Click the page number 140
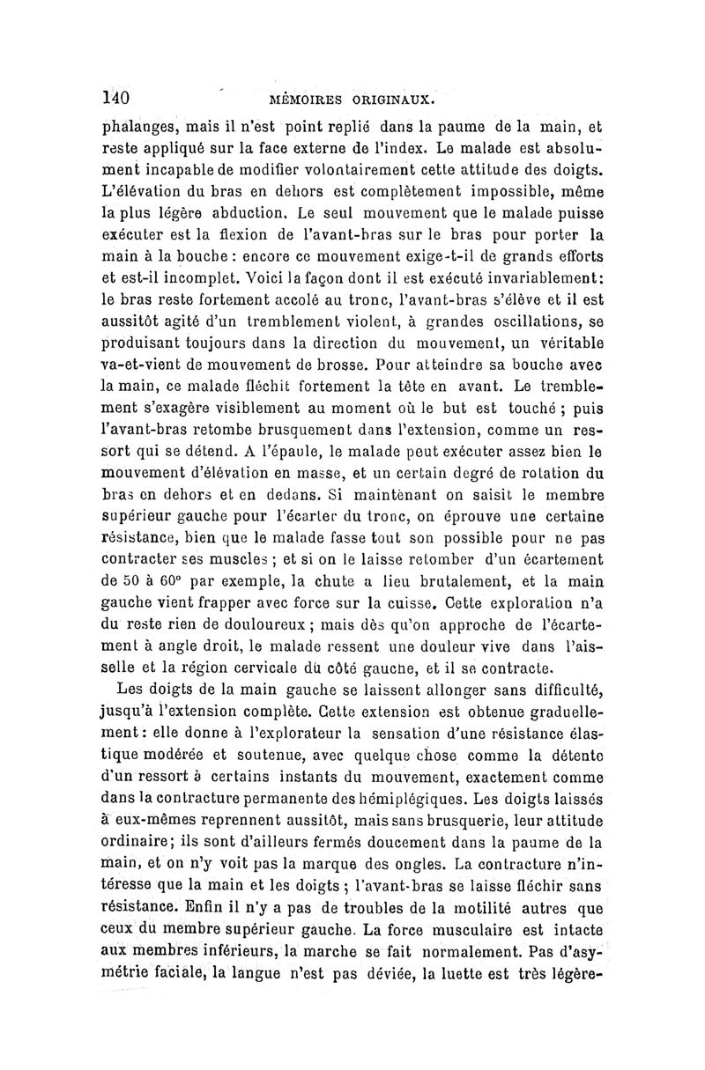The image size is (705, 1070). pyautogui.click(x=117, y=96)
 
